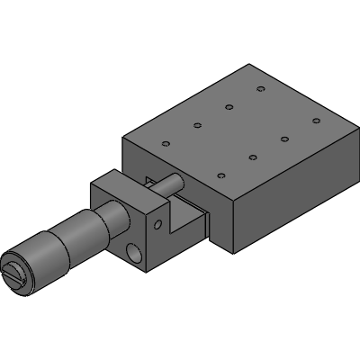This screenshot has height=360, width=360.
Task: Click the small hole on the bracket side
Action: click(158, 220)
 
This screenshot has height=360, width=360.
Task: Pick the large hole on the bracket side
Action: click(136, 256)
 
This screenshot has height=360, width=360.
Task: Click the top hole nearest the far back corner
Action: click(260, 89)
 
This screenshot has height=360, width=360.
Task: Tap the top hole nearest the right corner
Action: click(315, 120)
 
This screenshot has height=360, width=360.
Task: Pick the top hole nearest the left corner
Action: click(165, 144)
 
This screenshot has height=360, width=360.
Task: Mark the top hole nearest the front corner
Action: click(221, 175)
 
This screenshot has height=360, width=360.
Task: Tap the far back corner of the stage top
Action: click(248, 66)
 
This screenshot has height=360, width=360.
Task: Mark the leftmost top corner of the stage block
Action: click(121, 136)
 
